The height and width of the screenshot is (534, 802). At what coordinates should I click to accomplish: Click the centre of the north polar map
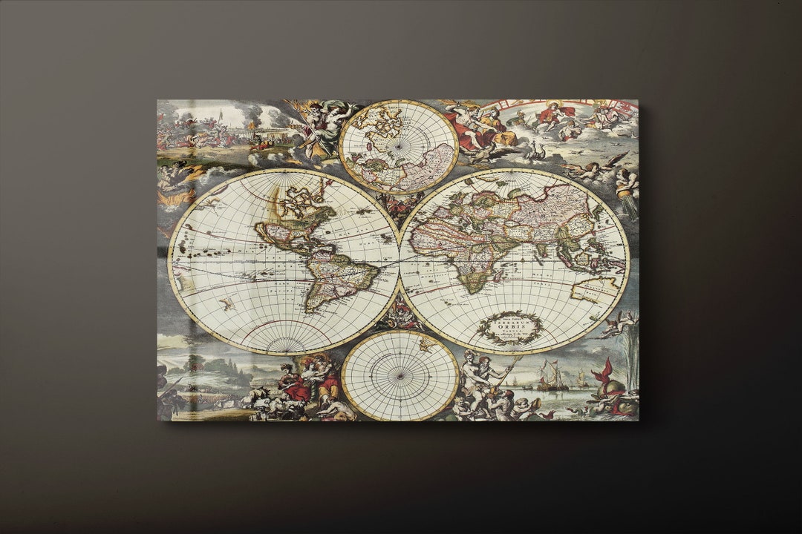point(399,147)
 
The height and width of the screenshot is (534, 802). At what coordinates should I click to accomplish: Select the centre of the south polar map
point(400,376)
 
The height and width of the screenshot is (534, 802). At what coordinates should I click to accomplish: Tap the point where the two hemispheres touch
point(400,261)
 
